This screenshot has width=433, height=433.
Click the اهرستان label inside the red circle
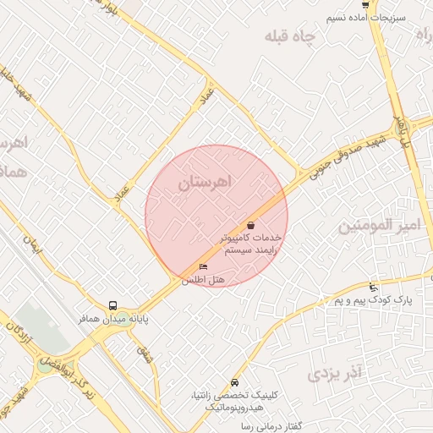pos(206,183)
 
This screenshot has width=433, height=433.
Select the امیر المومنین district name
pos(379,226)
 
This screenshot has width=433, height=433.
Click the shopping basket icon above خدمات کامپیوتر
pos(251,225)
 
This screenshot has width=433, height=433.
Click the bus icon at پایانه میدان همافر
pos(112,305)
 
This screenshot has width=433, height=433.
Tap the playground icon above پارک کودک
pos(373,288)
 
